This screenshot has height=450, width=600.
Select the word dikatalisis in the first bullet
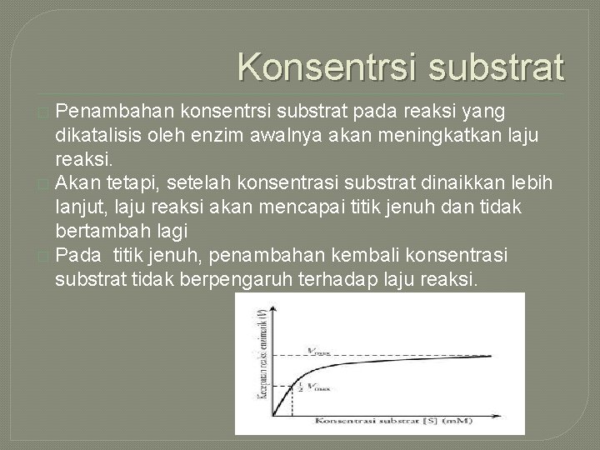pos(95,133)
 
